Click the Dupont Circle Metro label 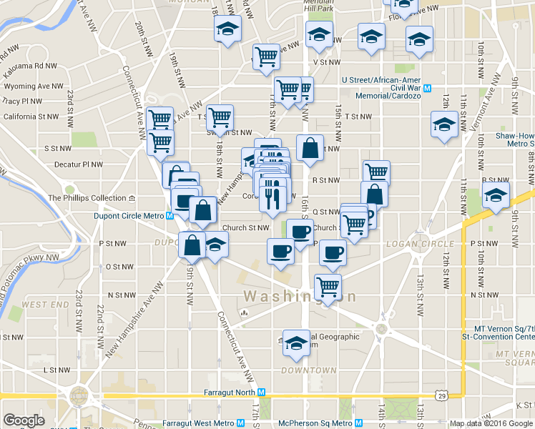[129, 215]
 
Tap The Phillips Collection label [87, 198]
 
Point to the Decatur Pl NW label [78, 164]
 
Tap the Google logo [24, 420]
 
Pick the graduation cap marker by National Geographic [295, 343]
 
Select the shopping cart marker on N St [328, 287]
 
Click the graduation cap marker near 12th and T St [444, 124]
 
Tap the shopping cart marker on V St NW [266, 56]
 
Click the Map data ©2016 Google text [490, 423]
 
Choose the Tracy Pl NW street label [26, 102]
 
